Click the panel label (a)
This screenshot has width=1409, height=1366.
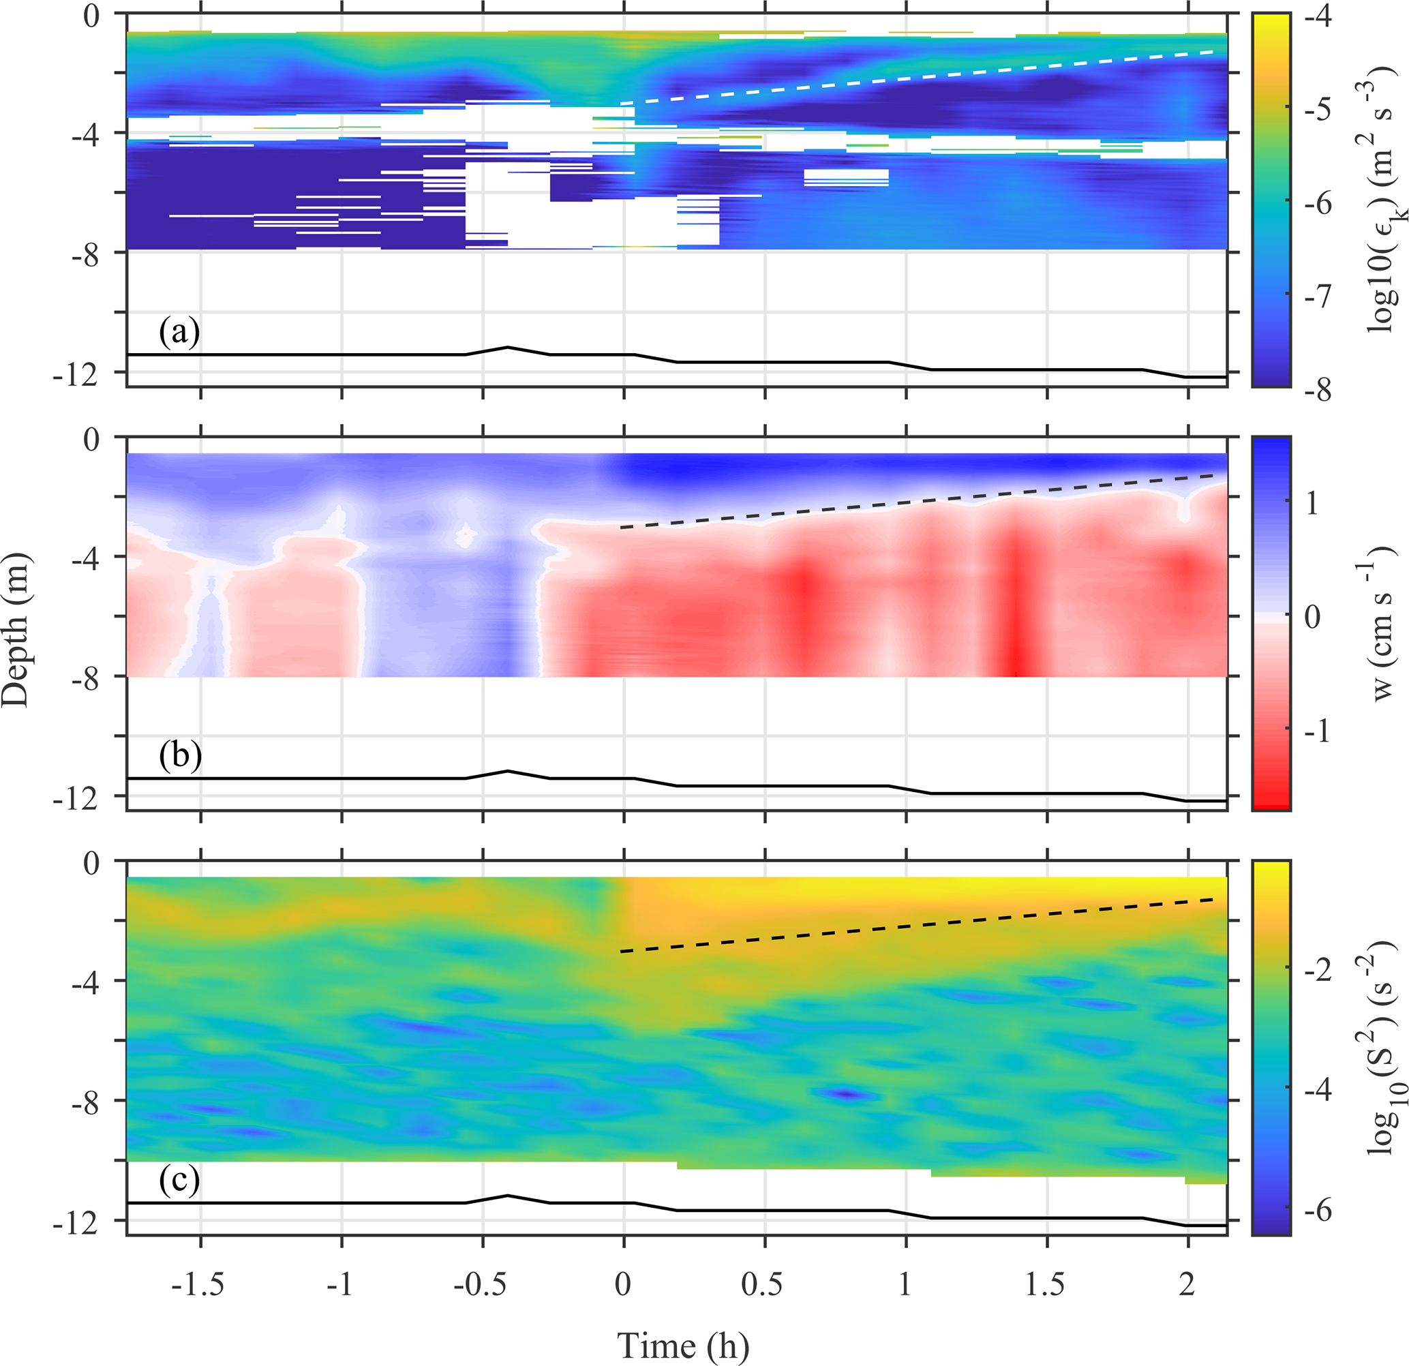click(179, 333)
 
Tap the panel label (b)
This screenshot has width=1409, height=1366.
click(179, 757)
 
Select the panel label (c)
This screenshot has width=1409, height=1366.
click(179, 1181)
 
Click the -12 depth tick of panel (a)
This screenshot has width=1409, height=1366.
click(76, 374)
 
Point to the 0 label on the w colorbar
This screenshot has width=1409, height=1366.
click(1313, 617)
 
